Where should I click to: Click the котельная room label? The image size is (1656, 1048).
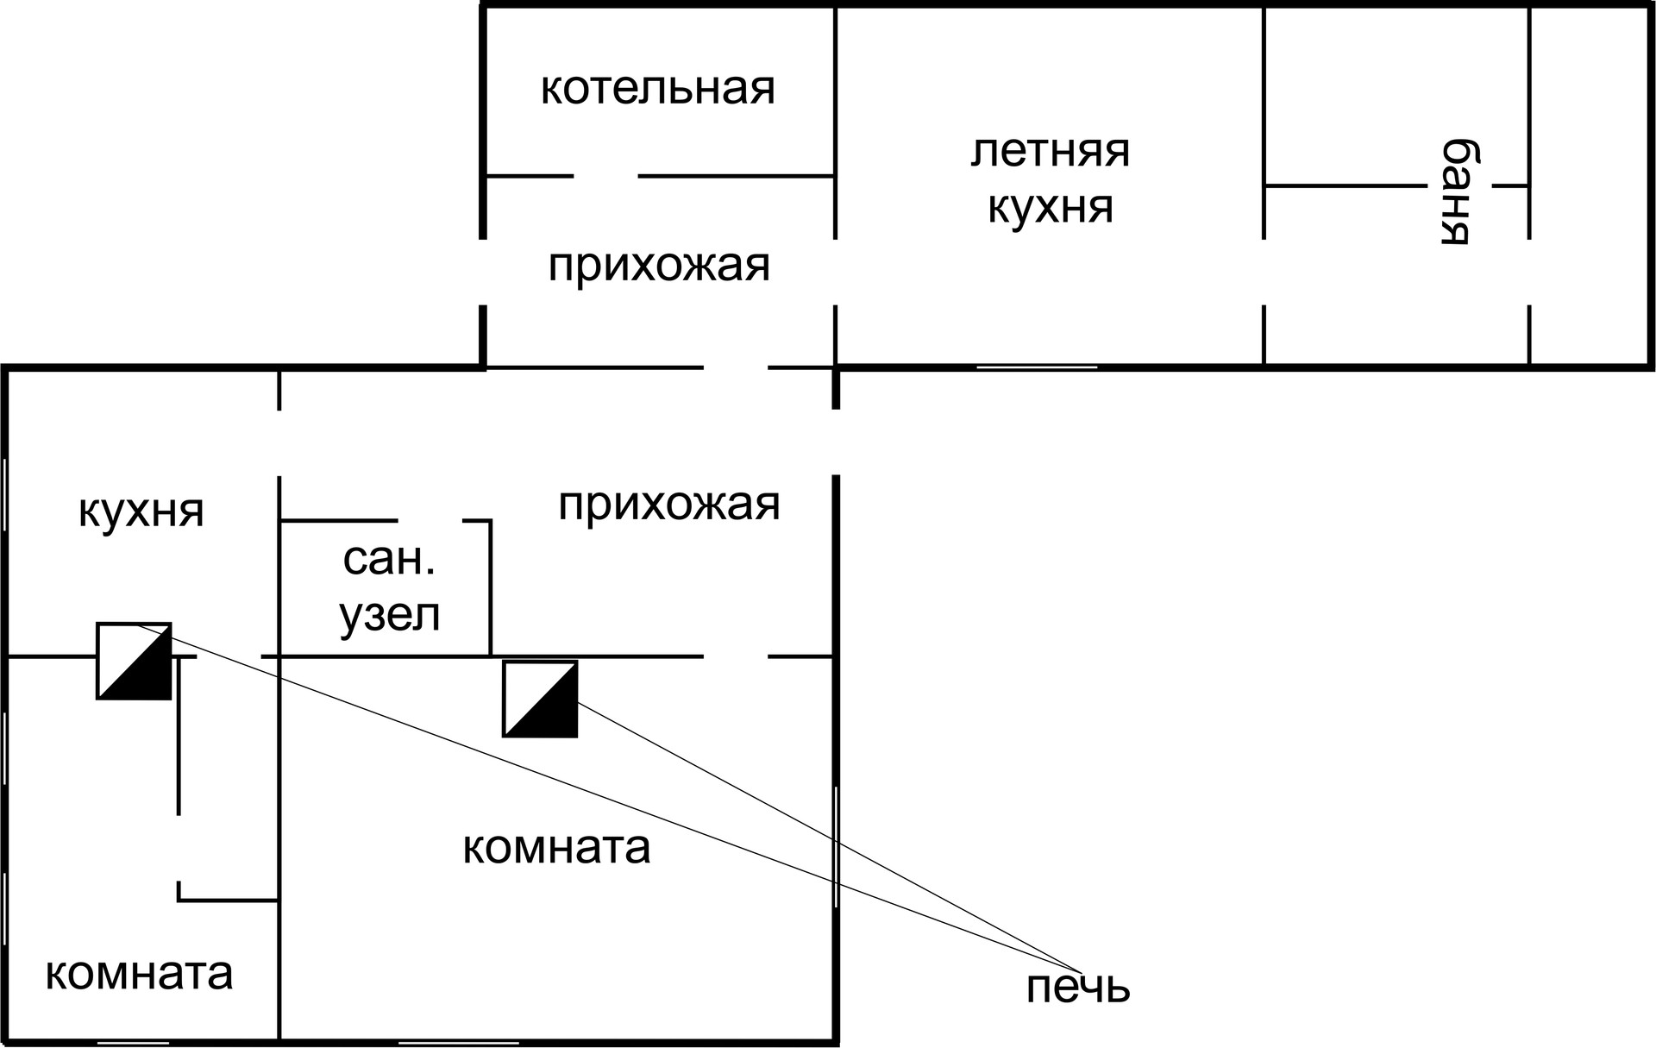pos(657,89)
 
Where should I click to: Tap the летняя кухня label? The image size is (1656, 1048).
pos(1050,179)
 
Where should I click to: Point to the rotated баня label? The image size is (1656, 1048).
pos(1456,191)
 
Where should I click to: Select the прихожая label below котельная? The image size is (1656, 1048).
pos(659,265)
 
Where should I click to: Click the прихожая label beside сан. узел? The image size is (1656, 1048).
pos(668,505)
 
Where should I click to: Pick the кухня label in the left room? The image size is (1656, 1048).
pos(141,511)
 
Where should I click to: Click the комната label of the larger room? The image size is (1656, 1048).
pos(556,847)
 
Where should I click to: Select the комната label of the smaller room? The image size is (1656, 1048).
pos(139,973)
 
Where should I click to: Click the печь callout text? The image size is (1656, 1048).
pos(1077,987)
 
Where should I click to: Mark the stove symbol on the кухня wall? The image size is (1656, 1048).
pos(134,661)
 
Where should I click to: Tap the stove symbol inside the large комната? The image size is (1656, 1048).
pos(540,699)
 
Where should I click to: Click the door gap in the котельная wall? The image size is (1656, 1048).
pos(605,176)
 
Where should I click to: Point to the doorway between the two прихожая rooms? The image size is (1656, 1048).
pos(736,367)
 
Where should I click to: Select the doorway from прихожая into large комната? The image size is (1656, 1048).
pos(736,656)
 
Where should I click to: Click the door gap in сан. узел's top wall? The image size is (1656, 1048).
pos(430,521)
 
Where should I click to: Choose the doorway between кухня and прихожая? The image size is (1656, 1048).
pos(279,443)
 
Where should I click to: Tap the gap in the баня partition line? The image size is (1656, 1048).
pos(1459,185)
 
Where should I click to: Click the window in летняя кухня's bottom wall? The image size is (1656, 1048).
pos(1036,367)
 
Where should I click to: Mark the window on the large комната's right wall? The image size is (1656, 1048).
pos(836,846)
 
